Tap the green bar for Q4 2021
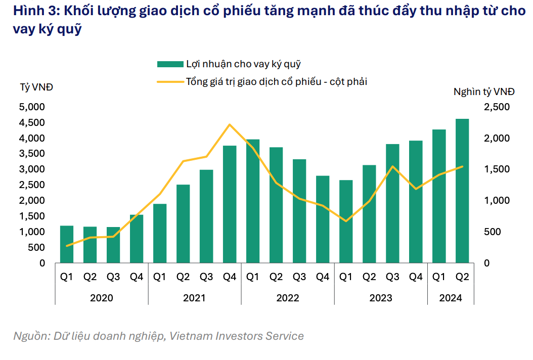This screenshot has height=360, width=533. click(230, 204)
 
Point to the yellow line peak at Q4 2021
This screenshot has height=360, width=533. click(230, 124)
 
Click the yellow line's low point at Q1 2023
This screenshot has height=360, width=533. click(346, 221)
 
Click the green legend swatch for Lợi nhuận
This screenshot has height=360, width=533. click(169, 64)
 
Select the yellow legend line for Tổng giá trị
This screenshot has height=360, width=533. click(169, 81)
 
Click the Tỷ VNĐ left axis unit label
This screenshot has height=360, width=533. click(36, 87)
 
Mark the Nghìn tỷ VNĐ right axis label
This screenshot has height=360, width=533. click(483, 92)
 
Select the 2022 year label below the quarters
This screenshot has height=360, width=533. click(287, 298)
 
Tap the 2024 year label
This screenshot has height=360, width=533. click(451, 298)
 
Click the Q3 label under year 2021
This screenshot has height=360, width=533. click(206, 277)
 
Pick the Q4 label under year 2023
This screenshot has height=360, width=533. click(416, 277)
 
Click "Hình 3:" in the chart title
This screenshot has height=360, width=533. click(33, 12)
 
